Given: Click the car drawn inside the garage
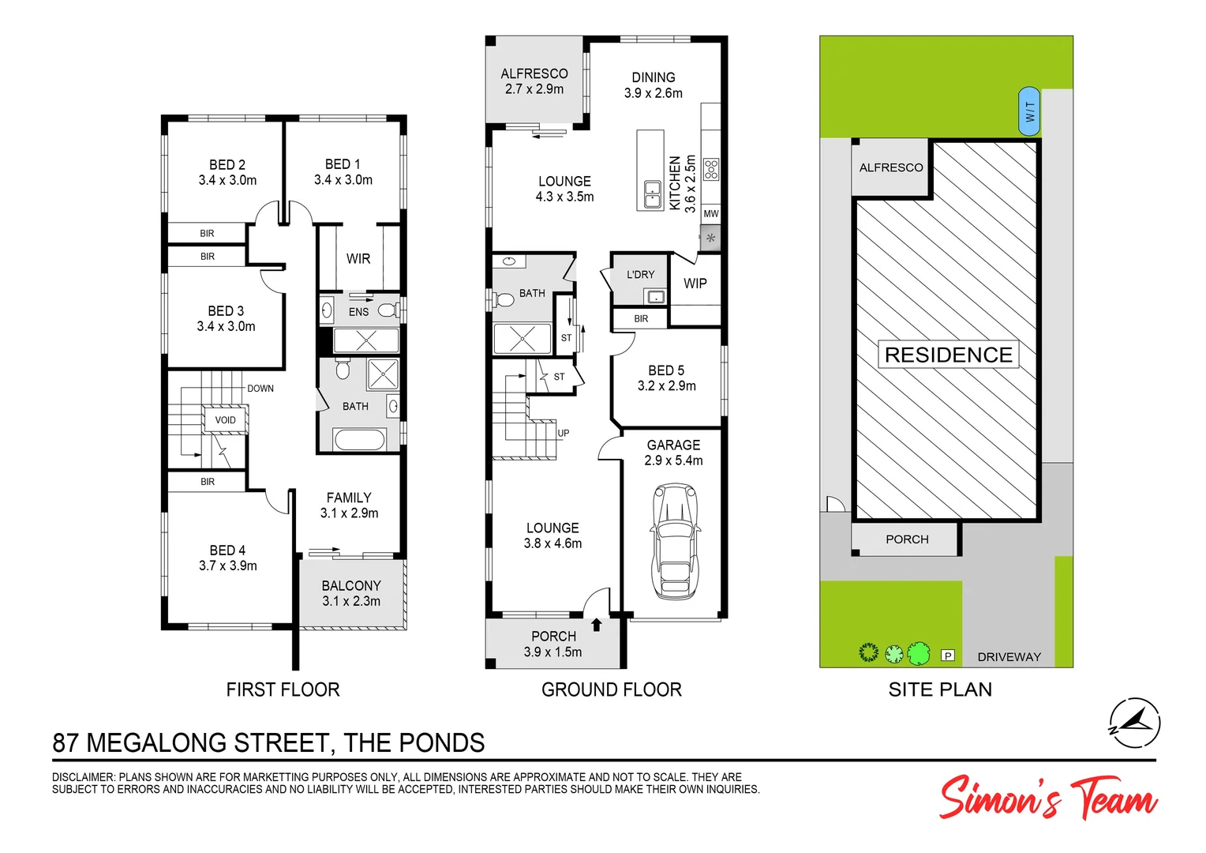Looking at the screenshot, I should (675, 543).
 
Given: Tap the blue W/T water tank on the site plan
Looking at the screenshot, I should (1029, 111).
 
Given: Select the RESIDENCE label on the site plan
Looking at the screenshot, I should (948, 355).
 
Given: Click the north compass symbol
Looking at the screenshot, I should (1135, 723).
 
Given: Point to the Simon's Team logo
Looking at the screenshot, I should (1047, 798).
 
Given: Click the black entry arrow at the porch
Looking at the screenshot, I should (597, 625).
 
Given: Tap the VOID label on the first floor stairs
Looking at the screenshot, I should (226, 420).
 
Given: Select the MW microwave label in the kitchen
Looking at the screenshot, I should (711, 214).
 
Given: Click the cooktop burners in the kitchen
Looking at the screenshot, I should (711, 169).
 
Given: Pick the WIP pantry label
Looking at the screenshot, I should (695, 284).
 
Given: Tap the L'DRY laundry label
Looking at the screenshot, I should (640, 275).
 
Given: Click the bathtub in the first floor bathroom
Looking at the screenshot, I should (359, 439).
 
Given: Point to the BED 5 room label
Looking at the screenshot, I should (666, 370).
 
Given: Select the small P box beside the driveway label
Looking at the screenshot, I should (948, 656).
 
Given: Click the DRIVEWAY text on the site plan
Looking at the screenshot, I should (1009, 657).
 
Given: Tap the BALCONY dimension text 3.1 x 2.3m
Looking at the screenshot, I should (351, 601).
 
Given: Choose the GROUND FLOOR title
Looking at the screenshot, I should (612, 690).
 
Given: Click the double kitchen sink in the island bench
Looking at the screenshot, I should (653, 194).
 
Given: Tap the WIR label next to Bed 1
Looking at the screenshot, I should (358, 259).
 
